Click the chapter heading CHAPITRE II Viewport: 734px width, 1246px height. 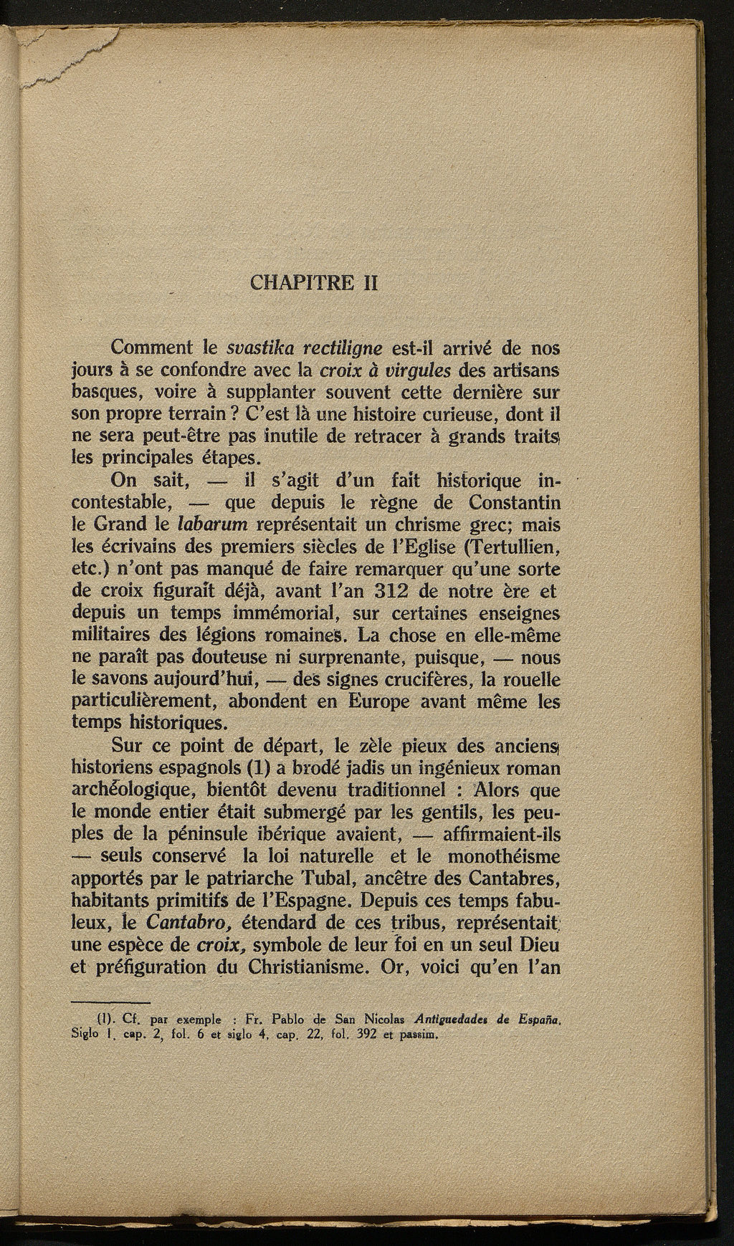(x=314, y=282)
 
